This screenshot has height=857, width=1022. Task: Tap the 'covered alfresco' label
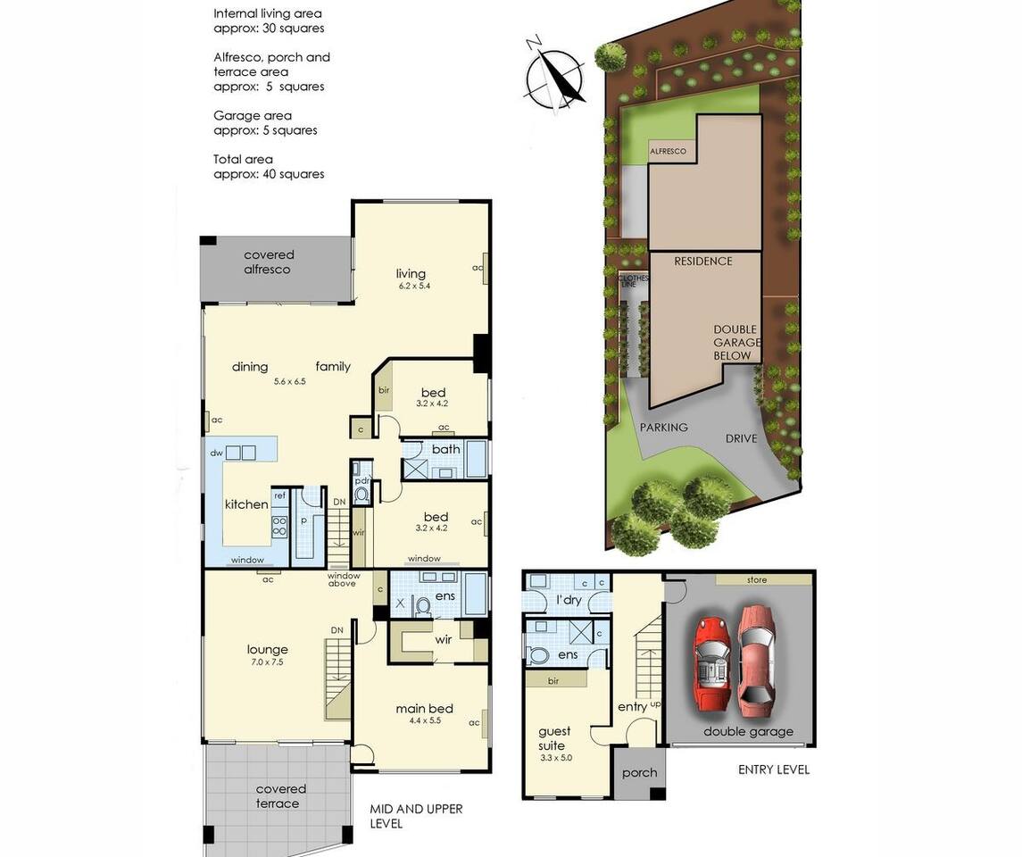click(x=268, y=262)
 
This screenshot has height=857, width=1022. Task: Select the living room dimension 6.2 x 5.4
click(x=414, y=286)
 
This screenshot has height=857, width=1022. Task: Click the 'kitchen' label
click(x=246, y=504)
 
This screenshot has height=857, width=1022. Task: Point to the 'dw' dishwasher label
click(x=216, y=453)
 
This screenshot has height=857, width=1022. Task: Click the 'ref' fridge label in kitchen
click(x=279, y=496)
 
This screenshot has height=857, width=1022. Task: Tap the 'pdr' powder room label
click(x=361, y=481)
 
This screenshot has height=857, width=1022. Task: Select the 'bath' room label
click(x=445, y=449)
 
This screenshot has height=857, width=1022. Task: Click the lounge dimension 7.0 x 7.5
click(x=267, y=662)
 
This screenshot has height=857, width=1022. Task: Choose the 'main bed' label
click(x=424, y=709)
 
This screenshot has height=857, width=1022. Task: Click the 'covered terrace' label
click(x=279, y=795)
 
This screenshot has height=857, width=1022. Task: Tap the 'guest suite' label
click(x=554, y=738)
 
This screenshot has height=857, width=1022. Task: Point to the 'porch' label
click(x=639, y=773)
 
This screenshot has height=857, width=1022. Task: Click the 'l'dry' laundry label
click(x=569, y=600)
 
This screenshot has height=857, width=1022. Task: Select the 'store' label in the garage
click(x=757, y=580)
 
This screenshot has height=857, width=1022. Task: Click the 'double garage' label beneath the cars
click(x=748, y=732)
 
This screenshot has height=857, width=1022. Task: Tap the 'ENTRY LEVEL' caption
click(x=774, y=770)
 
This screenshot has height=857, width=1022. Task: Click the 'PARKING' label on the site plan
click(x=663, y=428)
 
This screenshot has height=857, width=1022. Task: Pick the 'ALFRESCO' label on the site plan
click(x=668, y=151)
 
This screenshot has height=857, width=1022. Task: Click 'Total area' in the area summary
click(x=243, y=159)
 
